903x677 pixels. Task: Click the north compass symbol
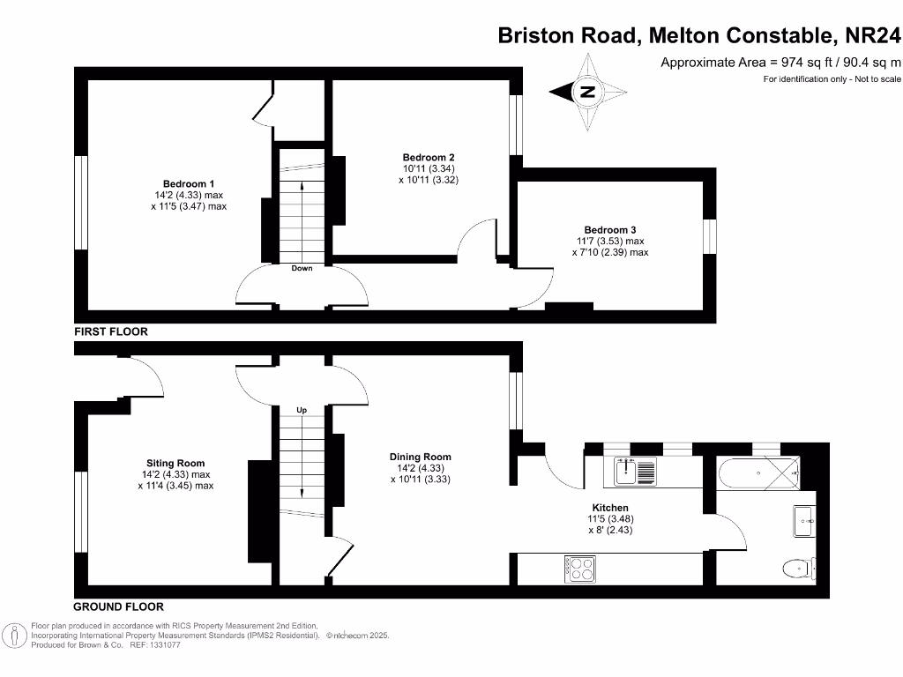click(x=588, y=92)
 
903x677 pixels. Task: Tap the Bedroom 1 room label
click(x=189, y=184)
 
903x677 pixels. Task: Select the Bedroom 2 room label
click(x=429, y=157)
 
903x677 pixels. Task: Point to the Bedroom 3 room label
click(x=609, y=230)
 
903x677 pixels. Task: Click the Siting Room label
click(x=175, y=463)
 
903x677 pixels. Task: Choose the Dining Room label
click(x=421, y=457)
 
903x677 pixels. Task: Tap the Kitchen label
click(x=610, y=508)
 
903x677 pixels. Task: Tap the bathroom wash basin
click(x=804, y=520)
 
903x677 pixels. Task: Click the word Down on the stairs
click(x=302, y=268)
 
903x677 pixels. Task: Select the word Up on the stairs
click(x=302, y=411)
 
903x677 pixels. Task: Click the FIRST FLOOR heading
click(x=110, y=332)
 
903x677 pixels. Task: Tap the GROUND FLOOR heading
click(x=118, y=606)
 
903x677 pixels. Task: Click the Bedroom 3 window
click(x=709, y=236)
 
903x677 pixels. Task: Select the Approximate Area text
click(x=781, y=62)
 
